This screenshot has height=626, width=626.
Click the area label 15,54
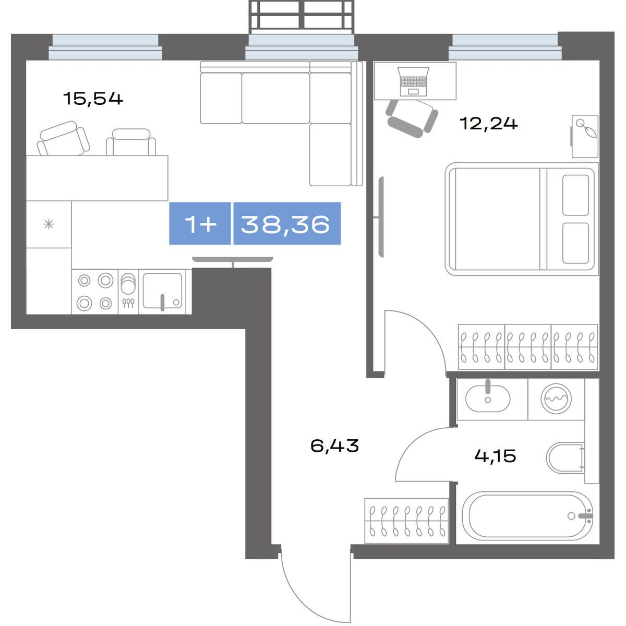(x=93, y=99)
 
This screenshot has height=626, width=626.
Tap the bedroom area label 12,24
(x=489, y=124)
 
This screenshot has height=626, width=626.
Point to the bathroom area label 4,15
(x=495, y=456)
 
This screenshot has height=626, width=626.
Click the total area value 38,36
(x=285, y=224)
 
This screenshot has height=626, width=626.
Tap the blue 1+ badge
(x=200, y=223)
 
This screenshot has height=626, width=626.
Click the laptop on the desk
(x=413, y=81)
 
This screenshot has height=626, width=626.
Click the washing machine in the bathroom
(x=556, y=399)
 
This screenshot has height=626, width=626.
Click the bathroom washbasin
(x=488, y=399)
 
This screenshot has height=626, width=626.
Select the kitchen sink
(x=162, y=291)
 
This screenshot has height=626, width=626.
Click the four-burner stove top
(x=95, y=292)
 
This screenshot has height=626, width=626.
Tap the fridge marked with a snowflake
(x=49, y=224)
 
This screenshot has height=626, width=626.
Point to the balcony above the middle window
(x=301, y=17)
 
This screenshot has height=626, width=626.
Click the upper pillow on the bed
(x=575, y=195)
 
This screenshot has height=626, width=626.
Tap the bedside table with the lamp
(x=585, y=137)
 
